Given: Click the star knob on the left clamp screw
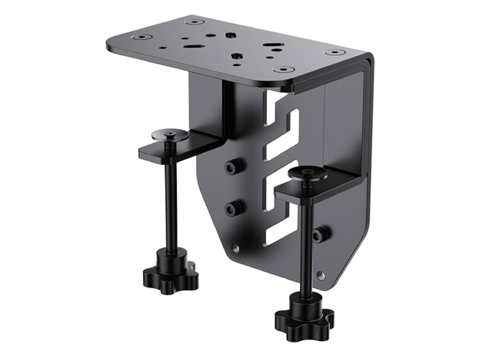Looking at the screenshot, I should click(x=170, y=271).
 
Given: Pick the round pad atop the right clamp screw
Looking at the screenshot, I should click(x=307, y=174).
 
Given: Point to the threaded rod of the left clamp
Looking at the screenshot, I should click(x=170, y=198).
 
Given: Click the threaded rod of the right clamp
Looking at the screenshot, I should click(x=306, y=240).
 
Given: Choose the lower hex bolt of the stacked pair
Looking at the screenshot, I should click(x=233, y=208).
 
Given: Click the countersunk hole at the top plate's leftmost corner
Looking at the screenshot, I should click(x=141, y=37).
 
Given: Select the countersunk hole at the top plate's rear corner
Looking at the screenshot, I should click(x=194, y=22).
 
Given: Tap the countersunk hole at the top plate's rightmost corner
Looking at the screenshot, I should click(x=335, y=52).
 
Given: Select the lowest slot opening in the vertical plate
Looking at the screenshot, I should click(x=279, y=231).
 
